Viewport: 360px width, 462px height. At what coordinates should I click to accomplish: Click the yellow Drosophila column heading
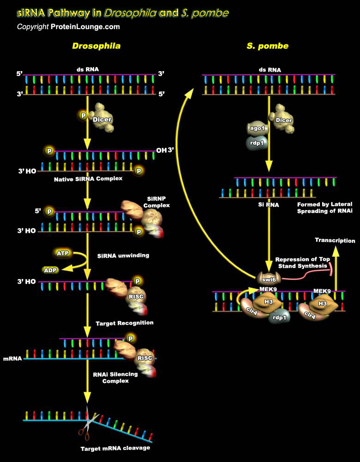(96, 46)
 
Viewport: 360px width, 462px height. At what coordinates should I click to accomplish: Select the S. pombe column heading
(268, 46)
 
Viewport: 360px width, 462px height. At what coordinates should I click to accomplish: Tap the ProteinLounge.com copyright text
(68, 27)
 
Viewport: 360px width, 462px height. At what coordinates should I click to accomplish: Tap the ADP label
(50, 269)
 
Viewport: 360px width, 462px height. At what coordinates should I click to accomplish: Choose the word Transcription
(335, 240)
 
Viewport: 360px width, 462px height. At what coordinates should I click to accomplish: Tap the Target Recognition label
(124, 322)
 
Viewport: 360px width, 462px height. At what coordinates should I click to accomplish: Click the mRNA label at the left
(12, 358)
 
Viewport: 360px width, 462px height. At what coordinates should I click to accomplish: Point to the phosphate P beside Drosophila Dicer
(84, 115)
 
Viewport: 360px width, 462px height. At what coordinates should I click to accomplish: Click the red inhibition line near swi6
(305, 273)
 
